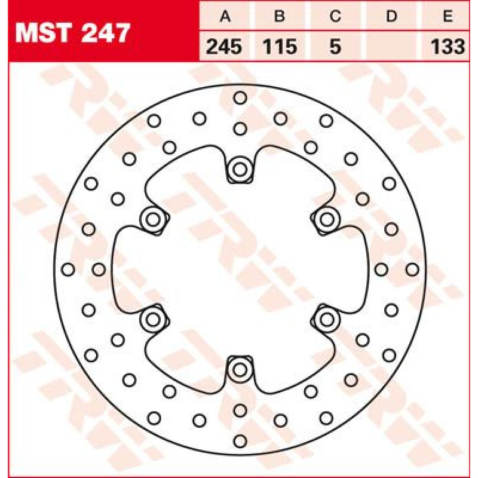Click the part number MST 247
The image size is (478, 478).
pos(72,33)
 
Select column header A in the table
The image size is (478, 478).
pos(225,16)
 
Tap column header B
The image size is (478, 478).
pos(279,16)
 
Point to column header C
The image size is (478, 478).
pos(335,16)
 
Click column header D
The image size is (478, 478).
pos(391,16)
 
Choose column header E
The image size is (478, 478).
pos(448,16)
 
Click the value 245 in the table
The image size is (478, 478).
pos(224,47)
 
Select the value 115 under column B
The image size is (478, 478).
pos(280,47)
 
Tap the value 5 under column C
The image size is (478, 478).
pos(335,47)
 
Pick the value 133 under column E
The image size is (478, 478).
pos(448,47)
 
